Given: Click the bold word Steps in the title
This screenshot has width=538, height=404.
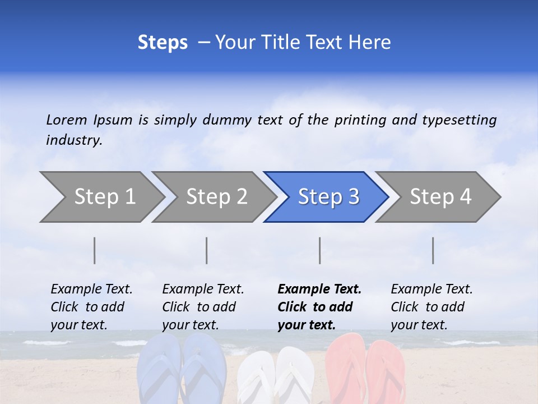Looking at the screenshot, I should (x=163, y=42).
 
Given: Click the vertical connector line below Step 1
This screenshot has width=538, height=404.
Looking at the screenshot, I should (x=95, y=250).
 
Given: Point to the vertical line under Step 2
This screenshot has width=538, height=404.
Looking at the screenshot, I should (x=207, y=250).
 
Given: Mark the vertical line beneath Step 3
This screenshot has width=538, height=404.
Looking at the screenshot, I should (x=320, y=250).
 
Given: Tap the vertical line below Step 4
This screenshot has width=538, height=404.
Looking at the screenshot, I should (x=433, y=250).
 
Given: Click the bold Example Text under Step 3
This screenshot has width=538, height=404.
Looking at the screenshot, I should (x=319, y=306).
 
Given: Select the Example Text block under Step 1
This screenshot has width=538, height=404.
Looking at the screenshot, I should (x=91, y=306).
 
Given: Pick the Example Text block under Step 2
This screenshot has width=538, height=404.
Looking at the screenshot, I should (x=203, y=306).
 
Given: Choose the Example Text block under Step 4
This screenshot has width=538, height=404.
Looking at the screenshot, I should (x=432, y=306).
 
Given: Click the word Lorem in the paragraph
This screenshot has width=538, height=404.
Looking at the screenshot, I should (x=67, y=120).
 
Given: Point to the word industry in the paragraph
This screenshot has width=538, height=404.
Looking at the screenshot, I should (x=73, y=140).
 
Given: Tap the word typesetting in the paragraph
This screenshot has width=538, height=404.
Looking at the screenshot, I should (x=459, y=120).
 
